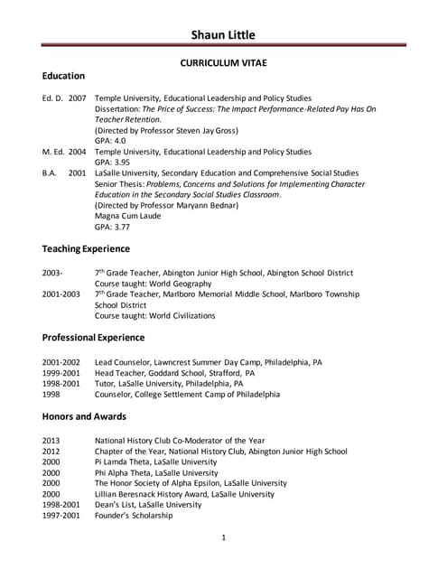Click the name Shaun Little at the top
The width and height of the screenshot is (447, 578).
click(x=223, y=35)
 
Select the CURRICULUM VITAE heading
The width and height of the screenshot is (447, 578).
click(x=223, y=65)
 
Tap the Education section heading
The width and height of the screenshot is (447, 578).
click(x=63, y=76)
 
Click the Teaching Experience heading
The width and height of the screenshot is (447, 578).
click(x=86, y=248)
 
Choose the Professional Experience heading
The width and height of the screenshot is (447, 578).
click(x=93, y=338)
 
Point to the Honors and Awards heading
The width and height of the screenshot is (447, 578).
click(x=84, y=416)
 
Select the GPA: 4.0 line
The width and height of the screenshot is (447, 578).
click(x=111, y=141)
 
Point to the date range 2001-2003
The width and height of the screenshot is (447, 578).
click(x=61, y=294)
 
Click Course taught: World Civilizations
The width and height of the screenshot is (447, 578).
click(x=155, y=316)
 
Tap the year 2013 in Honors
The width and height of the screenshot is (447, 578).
click(x=51, y=441)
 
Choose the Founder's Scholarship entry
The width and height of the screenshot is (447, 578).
click(x=136, y=516)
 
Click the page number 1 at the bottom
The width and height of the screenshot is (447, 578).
click(x=223, y=538)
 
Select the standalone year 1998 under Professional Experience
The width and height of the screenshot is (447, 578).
click(x=51, y=395)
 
